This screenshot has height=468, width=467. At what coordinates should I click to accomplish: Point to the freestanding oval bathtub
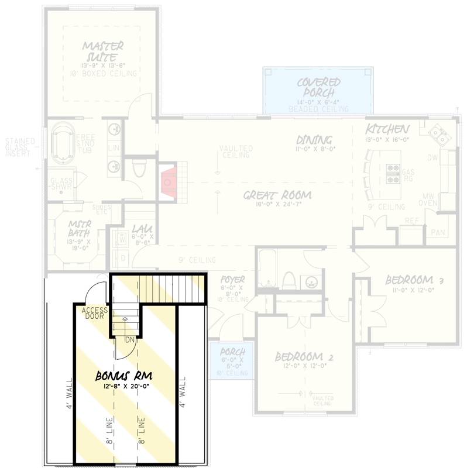61,144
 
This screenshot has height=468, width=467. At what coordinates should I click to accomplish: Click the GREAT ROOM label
277,195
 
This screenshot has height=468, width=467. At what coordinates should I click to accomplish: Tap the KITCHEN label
387,129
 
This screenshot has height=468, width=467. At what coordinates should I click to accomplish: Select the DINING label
314,140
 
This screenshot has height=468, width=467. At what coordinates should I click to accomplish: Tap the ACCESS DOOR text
92,314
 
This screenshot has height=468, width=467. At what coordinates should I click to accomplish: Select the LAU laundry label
142,229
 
